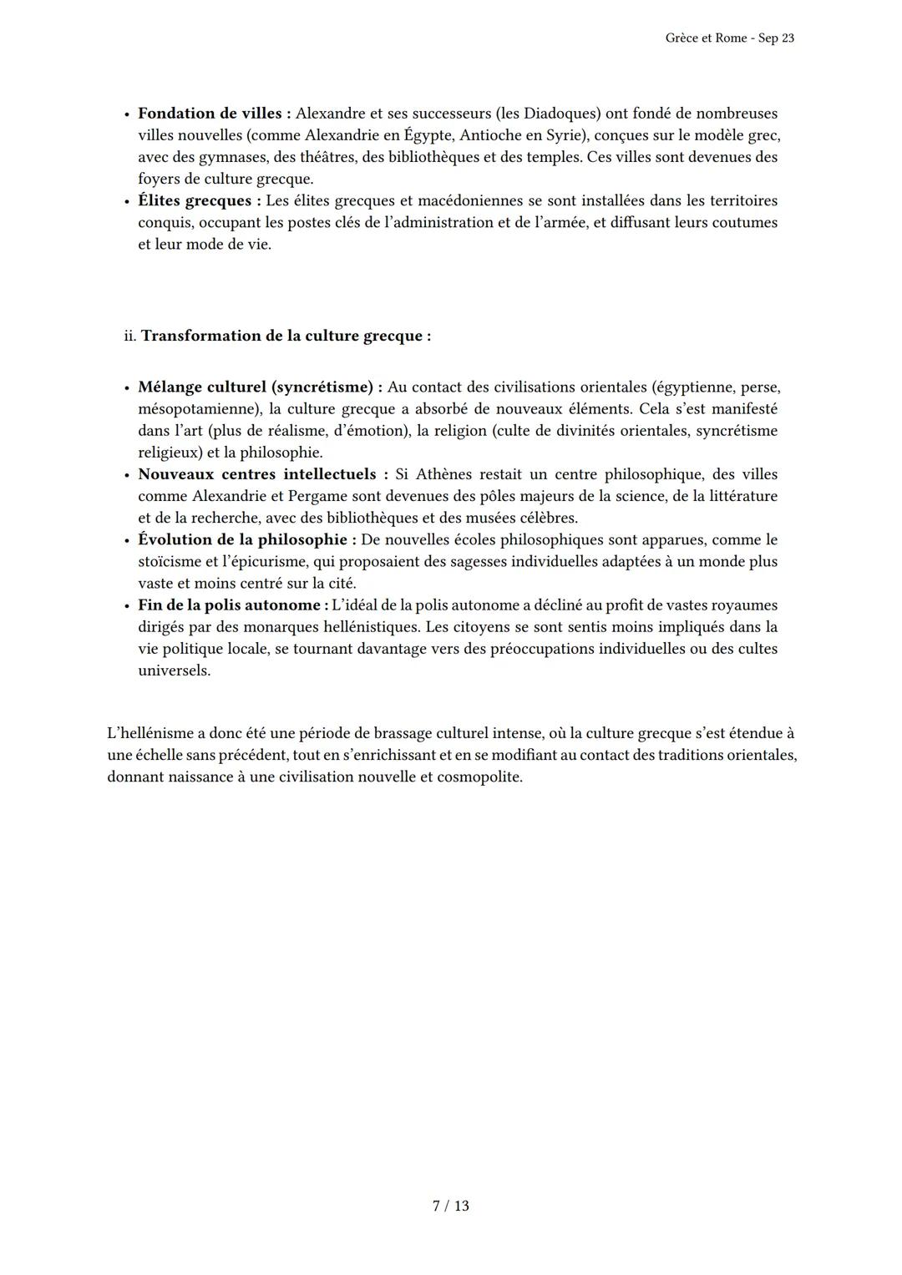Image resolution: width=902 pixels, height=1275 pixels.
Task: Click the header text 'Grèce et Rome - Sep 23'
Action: tap(729, 38)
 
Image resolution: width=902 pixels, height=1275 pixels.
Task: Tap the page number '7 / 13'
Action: tap(451, 1206)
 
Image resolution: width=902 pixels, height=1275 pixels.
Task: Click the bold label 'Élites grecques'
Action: tap(195, 200)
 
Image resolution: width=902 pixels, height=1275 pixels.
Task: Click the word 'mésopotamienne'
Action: tap(196, 409)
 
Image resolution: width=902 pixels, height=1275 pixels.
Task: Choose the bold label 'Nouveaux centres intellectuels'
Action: tap(257, 474)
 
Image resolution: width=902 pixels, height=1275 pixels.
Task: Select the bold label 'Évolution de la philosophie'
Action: tap(241, 539)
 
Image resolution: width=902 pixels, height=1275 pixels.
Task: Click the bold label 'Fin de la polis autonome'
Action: tap(229, 605)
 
